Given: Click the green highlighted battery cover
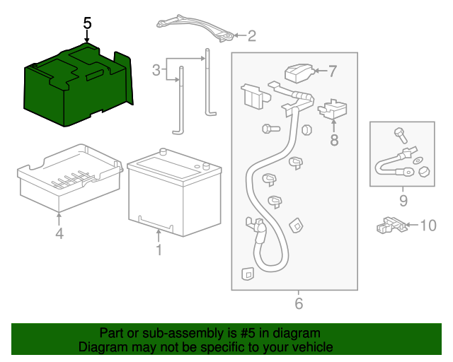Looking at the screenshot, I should [x=78, y=85].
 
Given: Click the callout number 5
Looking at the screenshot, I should [x=87, y=23].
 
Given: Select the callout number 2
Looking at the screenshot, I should [x=251, y=35].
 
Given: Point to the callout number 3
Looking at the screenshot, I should [x=156, y=69].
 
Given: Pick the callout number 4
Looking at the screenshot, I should [x=59, y=233].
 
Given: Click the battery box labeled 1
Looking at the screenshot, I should [x=173, y=194].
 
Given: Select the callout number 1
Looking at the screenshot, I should [x=159, y=250].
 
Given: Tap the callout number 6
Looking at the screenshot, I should [x=298, y=304].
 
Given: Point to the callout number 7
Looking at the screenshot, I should [x=333, y=71].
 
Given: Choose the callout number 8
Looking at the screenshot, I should [x=334, y=140].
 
